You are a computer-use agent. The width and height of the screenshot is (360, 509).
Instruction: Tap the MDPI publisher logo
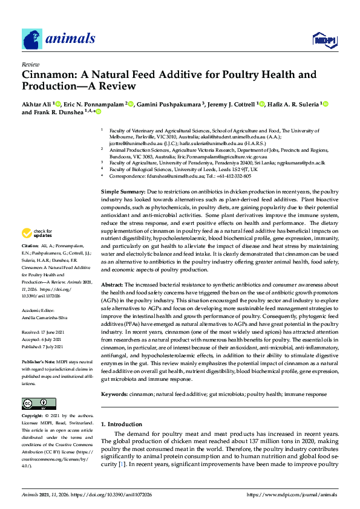click(324, 40)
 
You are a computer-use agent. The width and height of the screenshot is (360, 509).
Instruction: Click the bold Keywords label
click(114, 394)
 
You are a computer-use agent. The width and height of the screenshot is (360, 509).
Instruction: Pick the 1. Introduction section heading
click(122, 424)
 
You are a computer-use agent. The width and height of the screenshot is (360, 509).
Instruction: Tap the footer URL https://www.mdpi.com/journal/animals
click(292, 494)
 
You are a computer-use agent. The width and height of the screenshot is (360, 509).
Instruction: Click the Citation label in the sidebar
click(30, 264)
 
